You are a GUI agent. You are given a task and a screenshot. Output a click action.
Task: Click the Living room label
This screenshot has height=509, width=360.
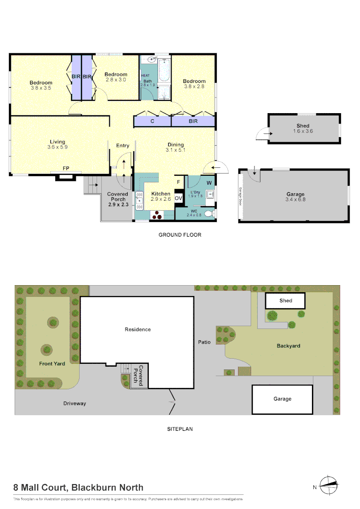click(58, 142)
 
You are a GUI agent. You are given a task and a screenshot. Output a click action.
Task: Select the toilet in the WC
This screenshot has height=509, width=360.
click(213, 214)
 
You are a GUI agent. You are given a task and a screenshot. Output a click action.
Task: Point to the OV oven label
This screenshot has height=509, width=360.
click(179, 199)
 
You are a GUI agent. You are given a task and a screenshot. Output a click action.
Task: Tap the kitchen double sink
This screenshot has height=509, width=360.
click(139, 202)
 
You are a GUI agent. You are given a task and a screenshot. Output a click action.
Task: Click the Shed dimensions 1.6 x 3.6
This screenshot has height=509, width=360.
click(303, 131)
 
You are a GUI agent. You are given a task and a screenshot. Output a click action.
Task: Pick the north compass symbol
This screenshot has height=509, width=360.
click(328, 485)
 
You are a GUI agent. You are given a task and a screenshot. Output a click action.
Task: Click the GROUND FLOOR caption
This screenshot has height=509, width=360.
click(180, 235)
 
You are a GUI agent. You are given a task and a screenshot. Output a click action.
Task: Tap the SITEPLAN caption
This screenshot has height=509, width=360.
click(180, 429)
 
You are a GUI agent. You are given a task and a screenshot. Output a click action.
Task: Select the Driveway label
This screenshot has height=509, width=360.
click(75, 403)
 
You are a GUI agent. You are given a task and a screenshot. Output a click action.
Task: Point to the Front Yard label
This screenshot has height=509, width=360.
click(52, 363)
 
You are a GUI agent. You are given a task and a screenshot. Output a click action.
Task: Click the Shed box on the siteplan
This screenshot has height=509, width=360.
click(286, 300)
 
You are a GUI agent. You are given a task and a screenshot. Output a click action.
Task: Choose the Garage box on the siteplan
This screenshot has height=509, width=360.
click(282, 399)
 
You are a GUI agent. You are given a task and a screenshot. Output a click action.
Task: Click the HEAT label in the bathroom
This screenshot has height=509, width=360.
click(145, 75)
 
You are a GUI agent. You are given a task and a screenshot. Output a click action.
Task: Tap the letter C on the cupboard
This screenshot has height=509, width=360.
click(152, 121)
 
